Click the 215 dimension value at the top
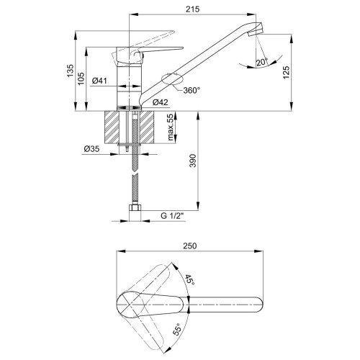[192, 9]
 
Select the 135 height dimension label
[71, 71]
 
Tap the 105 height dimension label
[81, 78]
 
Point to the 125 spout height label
[287, 72]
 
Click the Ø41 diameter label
[99, 81]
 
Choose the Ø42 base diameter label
[161, 102]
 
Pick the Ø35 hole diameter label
[91, 149]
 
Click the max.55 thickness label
[171, 127]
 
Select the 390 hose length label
[193, 161]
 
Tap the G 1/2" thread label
[172, 216]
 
